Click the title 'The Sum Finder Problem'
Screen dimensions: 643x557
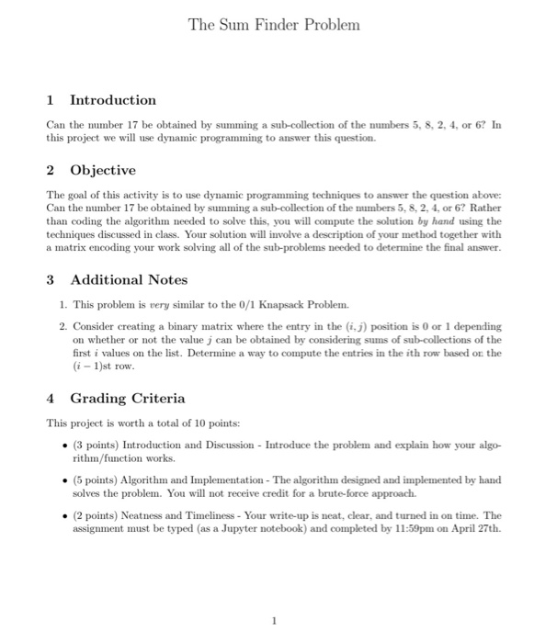click(274, 25)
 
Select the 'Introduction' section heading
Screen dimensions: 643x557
click(113, 99)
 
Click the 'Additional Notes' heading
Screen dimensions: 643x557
click(129, 279)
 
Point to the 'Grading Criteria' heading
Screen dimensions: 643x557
click(127, 398)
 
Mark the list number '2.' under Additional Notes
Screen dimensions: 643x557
click(62, 325)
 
